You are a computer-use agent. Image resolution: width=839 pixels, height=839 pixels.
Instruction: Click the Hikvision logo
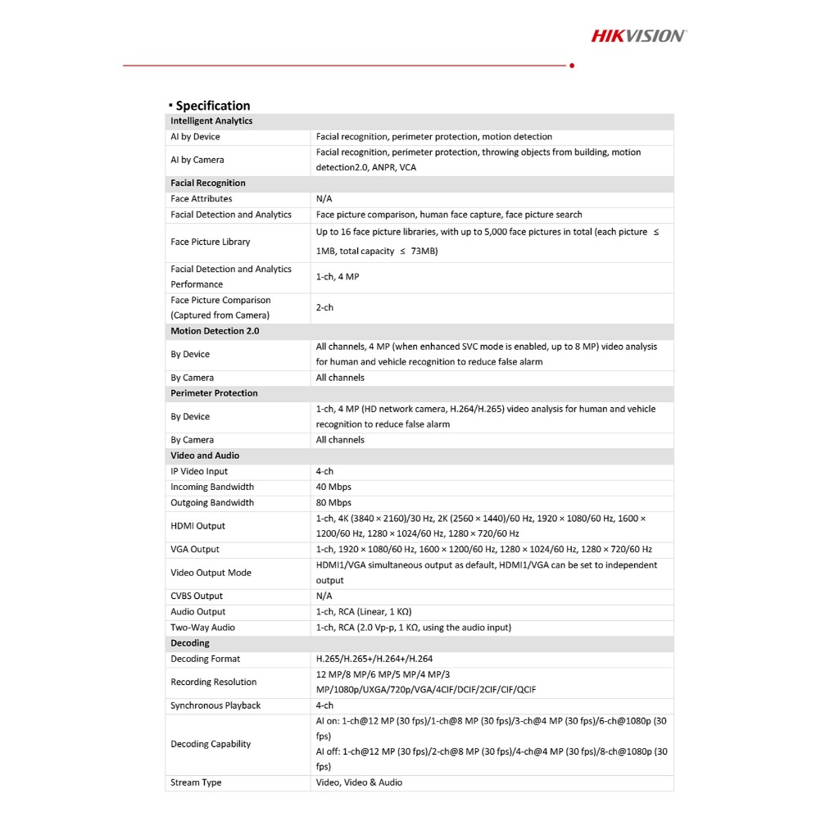coord(639,35)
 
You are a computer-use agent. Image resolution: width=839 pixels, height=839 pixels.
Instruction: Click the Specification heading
coord(212,106)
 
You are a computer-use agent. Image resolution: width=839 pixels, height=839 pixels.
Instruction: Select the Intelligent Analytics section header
coord(211,121)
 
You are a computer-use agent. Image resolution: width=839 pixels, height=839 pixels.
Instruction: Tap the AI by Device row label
coord(195,137)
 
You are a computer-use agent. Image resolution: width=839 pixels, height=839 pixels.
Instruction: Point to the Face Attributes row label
coord(201,199)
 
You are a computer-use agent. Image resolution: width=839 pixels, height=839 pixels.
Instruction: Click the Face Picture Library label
coord(211,242)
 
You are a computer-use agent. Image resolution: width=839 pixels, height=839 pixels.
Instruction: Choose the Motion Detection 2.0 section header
coord(215,331)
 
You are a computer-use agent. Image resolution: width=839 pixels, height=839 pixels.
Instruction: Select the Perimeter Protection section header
coord(214,393)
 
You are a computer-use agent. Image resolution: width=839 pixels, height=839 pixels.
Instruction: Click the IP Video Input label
coord(199,471)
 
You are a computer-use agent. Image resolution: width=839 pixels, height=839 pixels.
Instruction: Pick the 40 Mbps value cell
coord(333,487)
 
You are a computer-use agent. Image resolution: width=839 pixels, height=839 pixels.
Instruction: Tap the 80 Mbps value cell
coord(333,502)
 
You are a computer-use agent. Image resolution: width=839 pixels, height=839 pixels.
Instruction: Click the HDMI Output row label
coord(197,526)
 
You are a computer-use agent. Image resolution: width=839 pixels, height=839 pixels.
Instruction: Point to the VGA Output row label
coord(195,549)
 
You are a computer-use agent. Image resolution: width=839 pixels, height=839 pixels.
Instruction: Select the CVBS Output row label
coord(197,596)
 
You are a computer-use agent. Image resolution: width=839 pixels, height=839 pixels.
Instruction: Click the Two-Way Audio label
coord(202,628)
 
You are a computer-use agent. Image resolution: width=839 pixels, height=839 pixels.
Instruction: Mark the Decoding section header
coord(190,643)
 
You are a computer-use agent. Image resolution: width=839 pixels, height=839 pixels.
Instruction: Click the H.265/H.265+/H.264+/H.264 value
coord(374,659)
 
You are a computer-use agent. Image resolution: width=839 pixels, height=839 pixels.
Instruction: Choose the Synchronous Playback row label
coord(215,705)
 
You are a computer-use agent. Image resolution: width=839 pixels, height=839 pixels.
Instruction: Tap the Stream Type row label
coord(196,782)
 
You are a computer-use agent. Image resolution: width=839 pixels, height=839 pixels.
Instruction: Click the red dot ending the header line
coord(572,66)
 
